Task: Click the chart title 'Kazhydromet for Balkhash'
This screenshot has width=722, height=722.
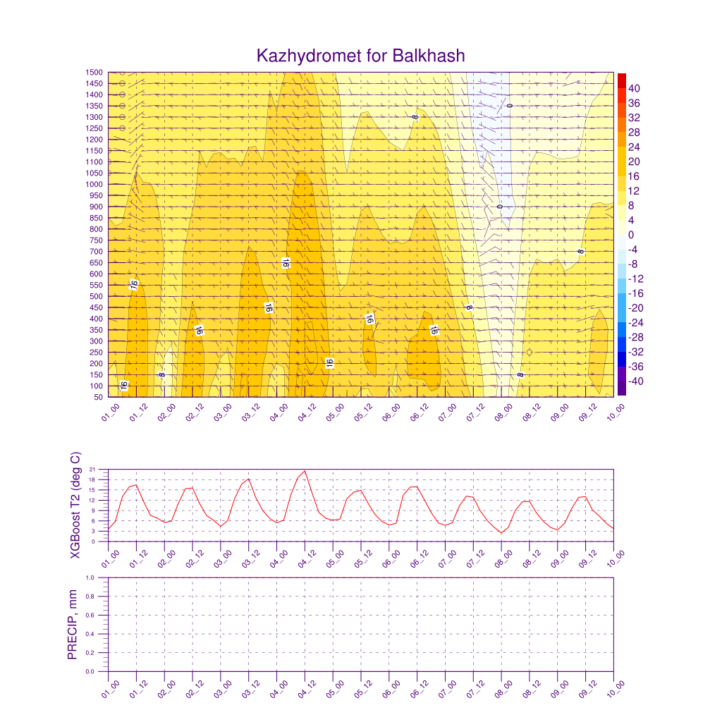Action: pyautogui.click(x=360, y=56)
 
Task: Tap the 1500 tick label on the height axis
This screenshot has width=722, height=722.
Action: pyautogui.click(x=94, y=72)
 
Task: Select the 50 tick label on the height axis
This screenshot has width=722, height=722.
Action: pyautogui.click(x=98, y=397)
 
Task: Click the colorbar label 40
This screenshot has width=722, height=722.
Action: pyautogui.click(x=635, y=89)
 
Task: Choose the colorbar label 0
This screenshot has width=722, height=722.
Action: pyautogui.click(x=631, y=235)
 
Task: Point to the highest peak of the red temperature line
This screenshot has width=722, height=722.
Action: pyautogui.click(x=305, y=470)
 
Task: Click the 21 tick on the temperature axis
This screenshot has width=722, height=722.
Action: pyautogui.click(x=102, y=469)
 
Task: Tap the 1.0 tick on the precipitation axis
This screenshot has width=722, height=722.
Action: pyautogui.click(x=100, y=577)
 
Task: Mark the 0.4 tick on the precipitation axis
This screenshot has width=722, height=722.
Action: pyautogui.click(x=100, y=634)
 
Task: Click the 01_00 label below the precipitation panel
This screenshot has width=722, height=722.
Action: pyautogui.click(x=110, y=689)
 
